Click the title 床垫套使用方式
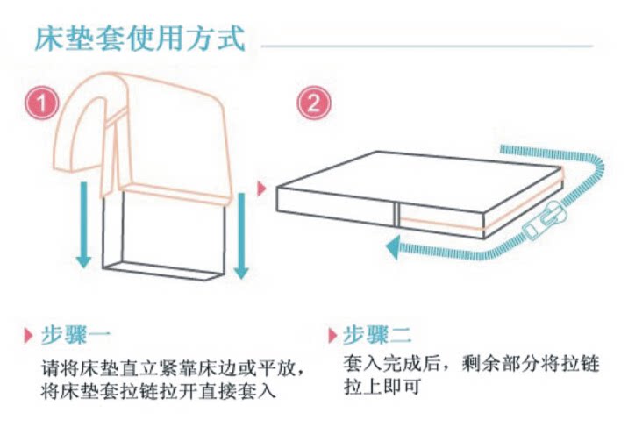[x=139, y=39]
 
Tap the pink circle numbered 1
[x=42, y=103]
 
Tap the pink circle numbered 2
[x=314, y=103]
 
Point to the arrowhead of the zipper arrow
[x=393, y=247]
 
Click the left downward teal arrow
[x=83, y=225]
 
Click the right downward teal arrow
[x=241, y=236]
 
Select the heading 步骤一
[x=75, y=335]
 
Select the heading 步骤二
[x=377, y=335]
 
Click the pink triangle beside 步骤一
[x=28, y=335]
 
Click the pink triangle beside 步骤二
[x=332, y=335]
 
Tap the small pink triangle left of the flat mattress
[x=261, y=189]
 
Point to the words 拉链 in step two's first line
[x=580, y=364]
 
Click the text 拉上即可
[x=382, y=387]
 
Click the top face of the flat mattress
[x=418, y=180]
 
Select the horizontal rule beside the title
[x=427, y=46]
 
